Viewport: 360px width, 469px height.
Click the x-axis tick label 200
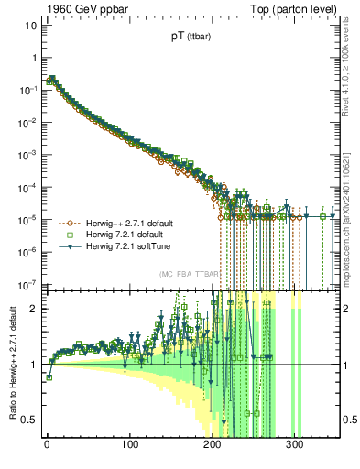(x=213, y=447)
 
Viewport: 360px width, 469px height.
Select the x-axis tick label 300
(x=295, y=447)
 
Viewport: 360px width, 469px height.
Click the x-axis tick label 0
(x=47, y=447)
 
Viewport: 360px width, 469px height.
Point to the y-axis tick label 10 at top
(x=29, y=25)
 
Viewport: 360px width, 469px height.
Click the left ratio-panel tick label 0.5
(x=29, y=420)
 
